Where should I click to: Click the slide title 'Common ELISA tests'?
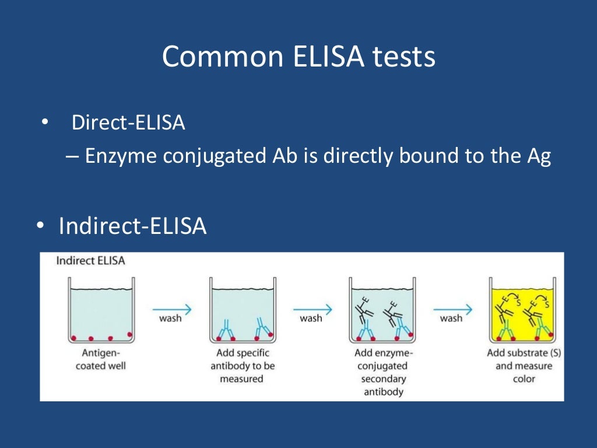298,57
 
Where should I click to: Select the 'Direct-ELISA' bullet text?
128,123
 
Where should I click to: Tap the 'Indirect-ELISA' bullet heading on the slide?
132,226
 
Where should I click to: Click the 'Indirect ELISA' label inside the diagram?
90,260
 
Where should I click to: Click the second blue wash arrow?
312,310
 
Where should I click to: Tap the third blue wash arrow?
453,310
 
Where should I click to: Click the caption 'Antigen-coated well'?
100,359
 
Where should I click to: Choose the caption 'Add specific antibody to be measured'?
242,366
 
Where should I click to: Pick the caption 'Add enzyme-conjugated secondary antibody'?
383,372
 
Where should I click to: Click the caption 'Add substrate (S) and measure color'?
524,366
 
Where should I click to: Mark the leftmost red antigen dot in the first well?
73,338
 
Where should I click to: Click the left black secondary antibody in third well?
363,312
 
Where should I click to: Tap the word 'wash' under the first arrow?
170,318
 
